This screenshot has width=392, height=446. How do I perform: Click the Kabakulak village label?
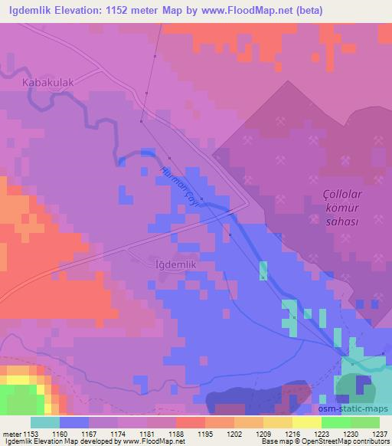[x=52, y=79]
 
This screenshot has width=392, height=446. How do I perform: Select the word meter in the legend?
[x=12, y=434]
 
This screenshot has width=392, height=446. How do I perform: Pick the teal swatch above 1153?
[x=45, y=422]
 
